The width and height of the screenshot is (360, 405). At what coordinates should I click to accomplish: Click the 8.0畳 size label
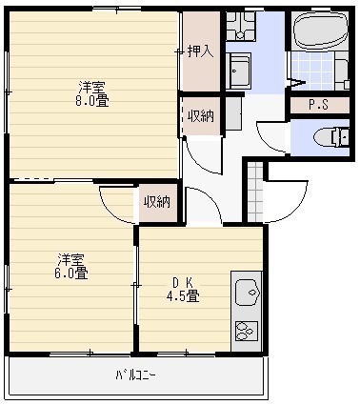tap(91, 99)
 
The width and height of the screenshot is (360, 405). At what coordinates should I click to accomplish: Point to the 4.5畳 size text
tap(185, 295)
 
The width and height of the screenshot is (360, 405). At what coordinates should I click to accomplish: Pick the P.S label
tap(318, 106)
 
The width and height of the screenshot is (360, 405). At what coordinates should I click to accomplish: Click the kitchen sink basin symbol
tap(247, 288)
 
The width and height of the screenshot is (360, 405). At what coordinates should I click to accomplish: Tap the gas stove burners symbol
tap(246, 331)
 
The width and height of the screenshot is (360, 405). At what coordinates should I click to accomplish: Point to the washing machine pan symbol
tap(242, 68)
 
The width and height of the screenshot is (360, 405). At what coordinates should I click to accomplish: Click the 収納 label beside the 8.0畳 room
tap(200, 115)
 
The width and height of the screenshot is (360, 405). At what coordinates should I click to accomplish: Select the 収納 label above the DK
tap(157, 202)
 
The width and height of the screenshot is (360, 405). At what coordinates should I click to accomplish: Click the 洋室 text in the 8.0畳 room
tap(91, 85)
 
